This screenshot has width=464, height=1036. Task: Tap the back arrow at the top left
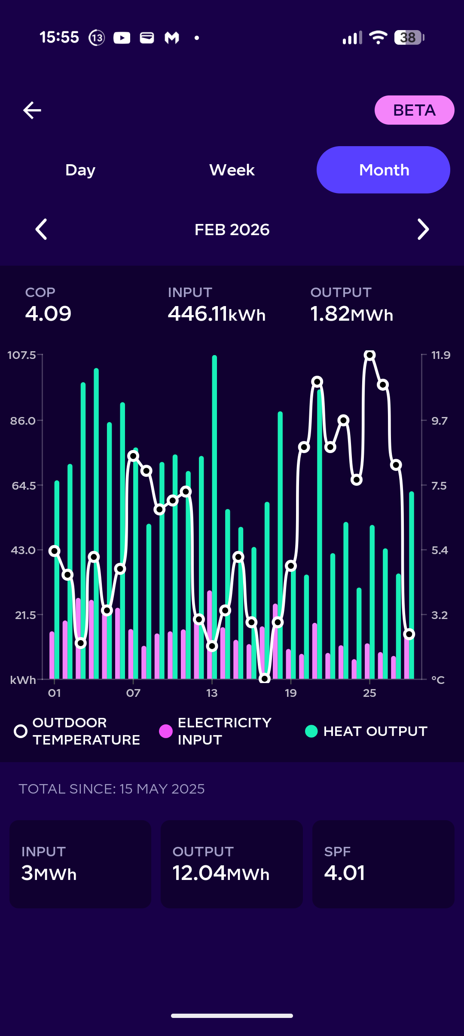pos(32,110)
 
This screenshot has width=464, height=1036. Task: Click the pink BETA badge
pos(414,110)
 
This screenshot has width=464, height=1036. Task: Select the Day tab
pos(80,170)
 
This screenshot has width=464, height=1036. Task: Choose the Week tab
pos(232,170)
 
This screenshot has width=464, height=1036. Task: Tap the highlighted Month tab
pos(383,170)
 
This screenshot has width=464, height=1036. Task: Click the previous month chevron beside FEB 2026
pos(41,229)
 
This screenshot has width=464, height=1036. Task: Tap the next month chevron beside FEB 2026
pos(423,229)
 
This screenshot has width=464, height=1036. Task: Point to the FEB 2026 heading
pos(232,230)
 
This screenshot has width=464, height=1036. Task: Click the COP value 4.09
pos(48,313)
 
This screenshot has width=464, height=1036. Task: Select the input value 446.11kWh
pos(217,314)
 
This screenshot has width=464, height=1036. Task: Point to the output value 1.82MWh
pos(351,314)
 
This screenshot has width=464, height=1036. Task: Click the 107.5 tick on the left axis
pos(22,355)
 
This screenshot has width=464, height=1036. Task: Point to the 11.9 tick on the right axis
pos(441,355)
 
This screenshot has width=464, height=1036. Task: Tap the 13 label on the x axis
pos(212,693)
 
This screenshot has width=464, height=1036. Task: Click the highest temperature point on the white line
pos(369,355)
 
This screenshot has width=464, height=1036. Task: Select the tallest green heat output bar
pos(214,516)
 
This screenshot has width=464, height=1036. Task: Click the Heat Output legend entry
pos(366,731)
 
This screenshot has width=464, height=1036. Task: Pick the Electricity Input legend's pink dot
pos(166,731)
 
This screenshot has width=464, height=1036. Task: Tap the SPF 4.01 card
pos(383,864)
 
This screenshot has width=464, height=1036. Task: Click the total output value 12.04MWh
pos(221,873)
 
